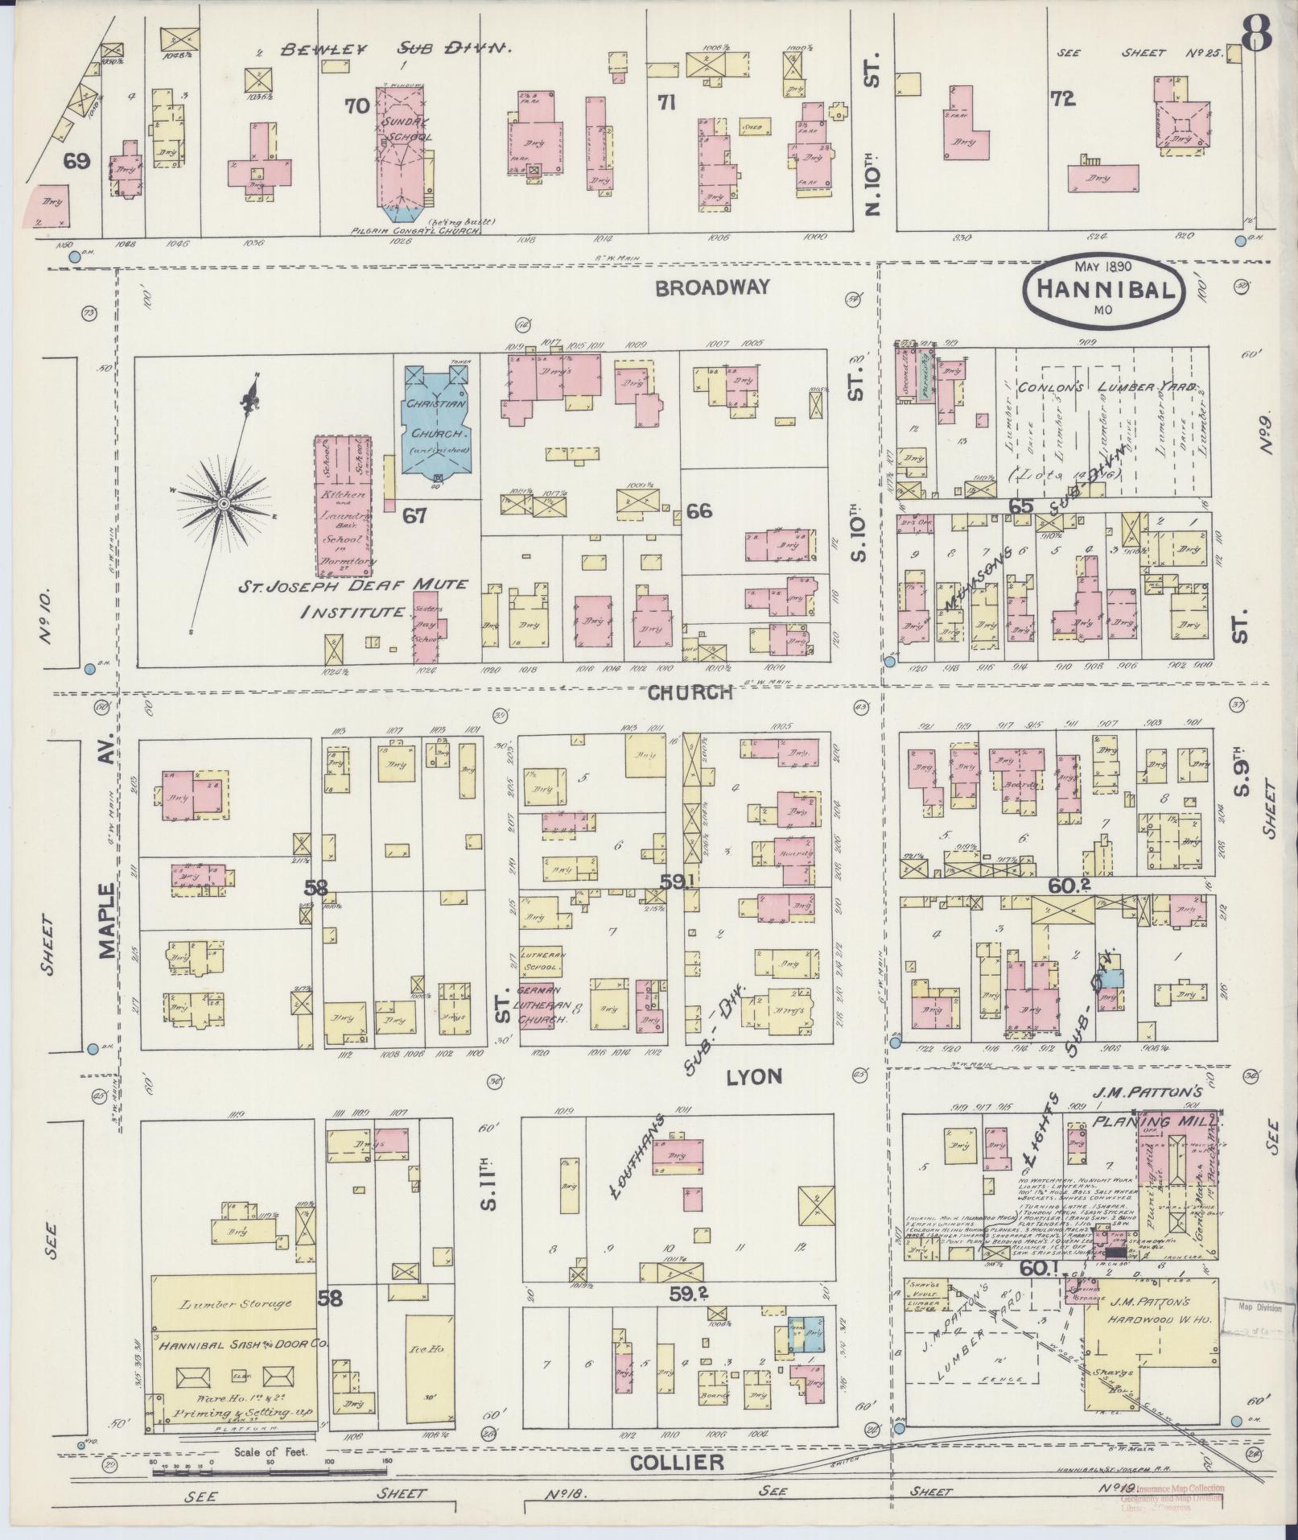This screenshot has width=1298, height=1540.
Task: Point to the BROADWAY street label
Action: pos(712,287)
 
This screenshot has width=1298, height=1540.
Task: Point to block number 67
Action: pos(414,515)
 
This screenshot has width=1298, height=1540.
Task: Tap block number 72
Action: pos(1062,99)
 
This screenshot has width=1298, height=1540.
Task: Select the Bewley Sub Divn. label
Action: pos(396,49)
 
